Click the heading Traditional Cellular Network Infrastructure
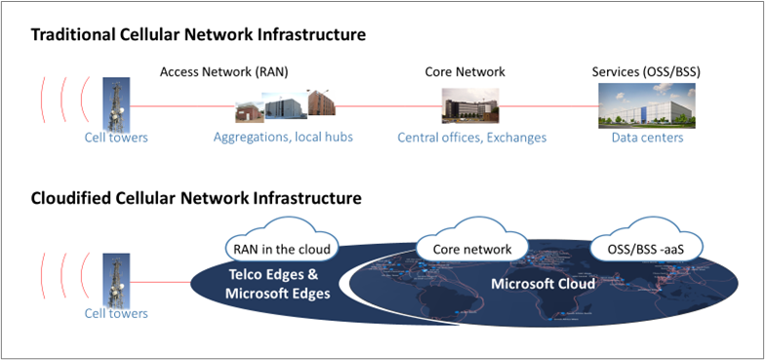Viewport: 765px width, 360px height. point(198,35)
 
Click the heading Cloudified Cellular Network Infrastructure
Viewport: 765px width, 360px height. point(196,198)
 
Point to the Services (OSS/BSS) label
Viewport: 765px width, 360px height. point(647,71)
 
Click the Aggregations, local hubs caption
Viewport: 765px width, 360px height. point(283,138)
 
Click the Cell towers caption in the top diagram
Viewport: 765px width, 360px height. point(115,138)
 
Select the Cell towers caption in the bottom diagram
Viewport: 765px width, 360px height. point(115,313)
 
